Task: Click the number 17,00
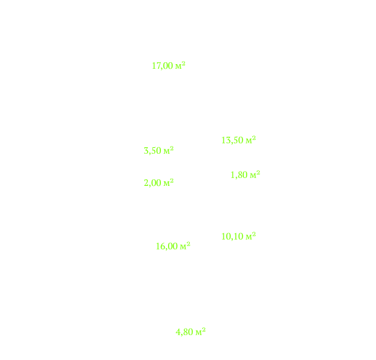(162, 65)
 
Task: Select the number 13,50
(232, 140)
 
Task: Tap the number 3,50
(152, 151)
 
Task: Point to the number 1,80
(239, 175)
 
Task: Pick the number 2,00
(152, 183)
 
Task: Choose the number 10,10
(232, 236)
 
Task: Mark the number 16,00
(167, 246)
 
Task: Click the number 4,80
(184, 332)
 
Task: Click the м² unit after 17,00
(180, 65)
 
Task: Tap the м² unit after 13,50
(250, 139)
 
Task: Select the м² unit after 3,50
(168, 151)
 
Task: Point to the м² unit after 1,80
(255, 175)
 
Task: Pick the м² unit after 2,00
(168, 183)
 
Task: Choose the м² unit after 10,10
(250, 236)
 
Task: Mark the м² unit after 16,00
(185, 245)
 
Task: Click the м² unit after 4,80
(201, 332)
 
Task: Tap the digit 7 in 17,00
(158, 65)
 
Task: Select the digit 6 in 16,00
(162, 246)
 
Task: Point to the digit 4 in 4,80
(178, 332)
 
